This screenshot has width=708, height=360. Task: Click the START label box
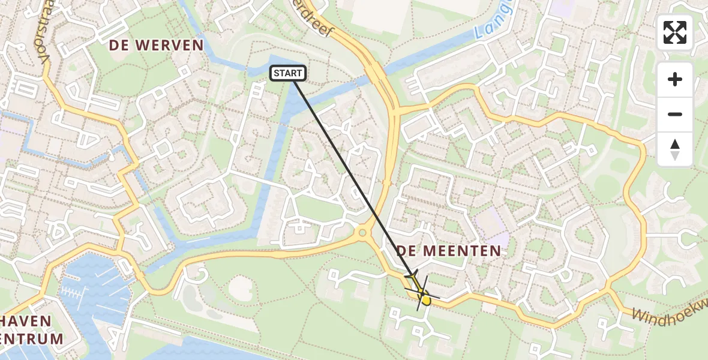[x=288, y=73]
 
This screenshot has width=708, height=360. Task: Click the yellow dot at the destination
[x=425, y=299]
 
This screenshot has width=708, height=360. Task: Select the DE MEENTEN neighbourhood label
[x=448, y=251]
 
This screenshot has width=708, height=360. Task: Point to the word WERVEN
[x=170, y=45]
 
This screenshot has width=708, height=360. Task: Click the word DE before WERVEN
[x=121, y=45]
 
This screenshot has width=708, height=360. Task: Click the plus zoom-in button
[x=675, y=79]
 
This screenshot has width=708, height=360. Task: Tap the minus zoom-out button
[x=675, y=114]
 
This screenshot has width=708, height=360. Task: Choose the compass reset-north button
[x=675, y=149]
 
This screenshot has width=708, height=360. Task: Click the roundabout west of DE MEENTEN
[x=362, y=232]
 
